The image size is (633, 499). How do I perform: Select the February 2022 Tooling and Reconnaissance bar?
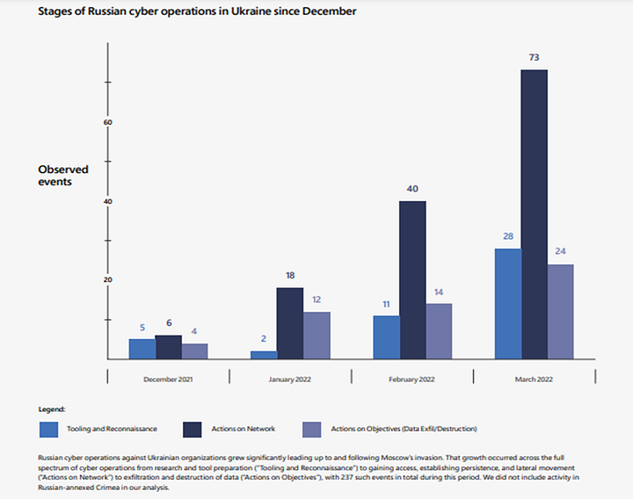point(386,337)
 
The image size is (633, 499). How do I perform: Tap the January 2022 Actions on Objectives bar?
point(316,335)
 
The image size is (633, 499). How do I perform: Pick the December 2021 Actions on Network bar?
point(168,347)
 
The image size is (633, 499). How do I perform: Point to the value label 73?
point(535,57)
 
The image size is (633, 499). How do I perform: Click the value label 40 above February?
point(412,189)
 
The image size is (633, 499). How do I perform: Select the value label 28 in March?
point(507,237)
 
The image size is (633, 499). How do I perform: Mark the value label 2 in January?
point(264,339)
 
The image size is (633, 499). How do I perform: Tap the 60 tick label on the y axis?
point(108,122)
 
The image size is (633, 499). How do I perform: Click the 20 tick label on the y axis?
point(108,280)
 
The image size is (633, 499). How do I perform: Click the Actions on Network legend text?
point(243,429)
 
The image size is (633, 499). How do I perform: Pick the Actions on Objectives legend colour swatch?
point(312,429)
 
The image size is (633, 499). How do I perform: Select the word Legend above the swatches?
point(53,409)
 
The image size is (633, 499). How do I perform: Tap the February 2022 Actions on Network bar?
point(412,279)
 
